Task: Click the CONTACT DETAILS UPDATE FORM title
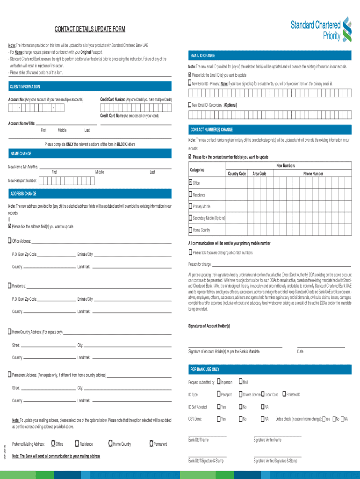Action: tap(90, 29)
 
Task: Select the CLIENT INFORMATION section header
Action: tap(25, 87)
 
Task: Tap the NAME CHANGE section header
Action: tap(22, 153)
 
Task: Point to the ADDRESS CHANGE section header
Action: tap(23, 194)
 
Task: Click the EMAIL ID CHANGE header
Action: tap(202, 56)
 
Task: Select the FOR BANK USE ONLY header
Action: tap(205, 370)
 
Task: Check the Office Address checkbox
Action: tap(10, 241)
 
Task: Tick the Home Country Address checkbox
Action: tap(10, 332)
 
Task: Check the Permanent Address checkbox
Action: tap(10, 375)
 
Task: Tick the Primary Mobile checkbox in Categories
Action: tap(190, 206)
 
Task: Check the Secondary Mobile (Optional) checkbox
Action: tap(190, 218)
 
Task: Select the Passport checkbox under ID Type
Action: tap(218, 394)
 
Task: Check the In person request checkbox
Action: tap(218, 382)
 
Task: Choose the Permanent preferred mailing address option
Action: tap(151, 443)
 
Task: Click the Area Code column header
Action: tap(259, 174)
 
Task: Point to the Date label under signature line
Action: tap(300, 352)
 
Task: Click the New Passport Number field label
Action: tap(22, 181)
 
